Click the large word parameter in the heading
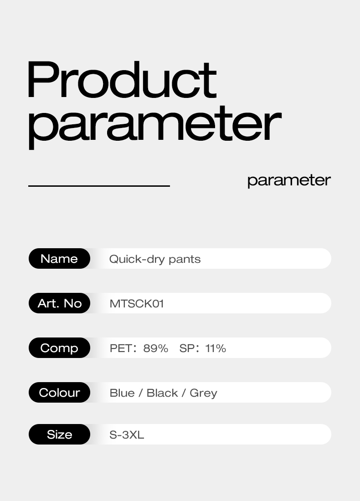(154, 124)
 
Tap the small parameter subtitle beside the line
(289, 180)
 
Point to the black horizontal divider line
(99, 186)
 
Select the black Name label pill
(59, 259)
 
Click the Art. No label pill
(59, 303)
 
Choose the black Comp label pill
(59, 348)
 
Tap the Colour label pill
(59, 393)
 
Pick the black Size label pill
(59, 435)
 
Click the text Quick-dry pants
(155, 259)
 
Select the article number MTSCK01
(137, 304)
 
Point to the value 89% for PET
(155, 348)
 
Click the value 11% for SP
(216, 348)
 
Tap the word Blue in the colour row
(122, 393)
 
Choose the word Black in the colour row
(162, 393)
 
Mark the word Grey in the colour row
(203, 394)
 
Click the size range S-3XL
(127, 435)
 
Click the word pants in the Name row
(185, 260)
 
